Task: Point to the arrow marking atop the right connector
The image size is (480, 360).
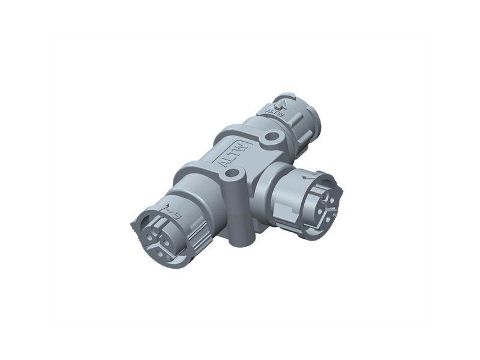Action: [307, 174]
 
